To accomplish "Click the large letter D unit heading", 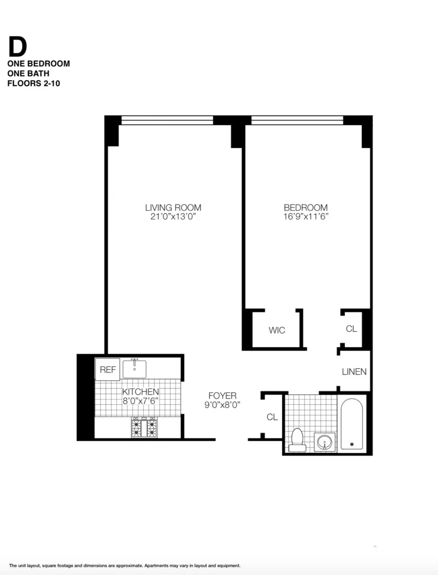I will pyautogui.click(x=17, y=47).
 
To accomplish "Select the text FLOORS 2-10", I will pyautogui.click(x=34, y=83).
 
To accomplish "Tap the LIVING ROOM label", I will pyautogui.click(x=173, y=208).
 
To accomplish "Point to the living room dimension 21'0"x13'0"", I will pyautogui.click(x=173, y=217).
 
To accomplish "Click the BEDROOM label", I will pyautogui.click(x=306, y=208).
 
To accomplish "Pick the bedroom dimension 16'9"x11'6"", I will pyautogui.click(x=306, y=217).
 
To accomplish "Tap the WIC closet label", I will pyautogui.click(x=277, y=330).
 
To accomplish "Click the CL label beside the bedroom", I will pyautogui.click(x=351, y=329).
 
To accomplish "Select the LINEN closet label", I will pyautogui.click(x=354, y=371).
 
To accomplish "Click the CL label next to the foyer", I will pyautogui.click(x=272, y=417).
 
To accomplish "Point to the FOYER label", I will pyautogui.click(x=223, y=395).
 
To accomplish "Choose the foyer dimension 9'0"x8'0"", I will pyautogui.click(x=223, y=405).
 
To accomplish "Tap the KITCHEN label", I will pyautogui.click(x=140, y=391).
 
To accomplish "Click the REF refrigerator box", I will pyautogui.click(x=108, y=369).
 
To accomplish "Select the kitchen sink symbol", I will pyautogui.click(x=134, y=368).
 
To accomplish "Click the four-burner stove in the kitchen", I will pyautogui.click(x=144, y=427).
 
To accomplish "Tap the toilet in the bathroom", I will pyautogui.click(x=296, y=439).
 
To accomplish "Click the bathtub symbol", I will pyautogui.click(x=352, y=424).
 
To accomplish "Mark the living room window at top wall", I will pyautogui.click(x=167, y=120).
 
